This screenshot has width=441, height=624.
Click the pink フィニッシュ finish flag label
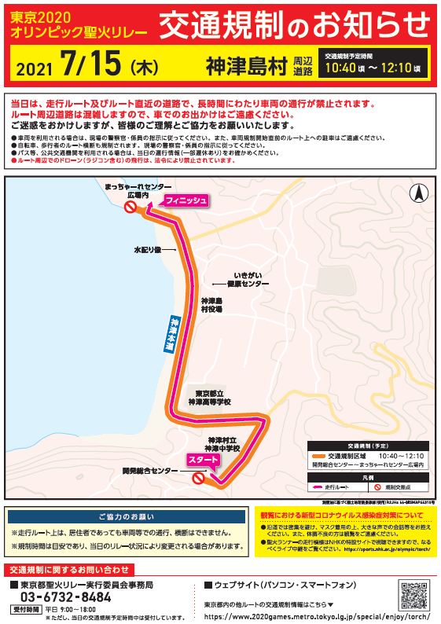(186, 201)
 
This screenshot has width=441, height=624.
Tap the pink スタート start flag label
(204, 460)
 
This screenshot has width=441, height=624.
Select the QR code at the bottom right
(413, 595)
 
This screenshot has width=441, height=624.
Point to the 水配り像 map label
(147, 250)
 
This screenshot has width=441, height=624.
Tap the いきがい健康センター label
(244, 279)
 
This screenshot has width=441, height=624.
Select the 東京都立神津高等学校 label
(209, 398)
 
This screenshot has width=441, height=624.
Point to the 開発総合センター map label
(150, 471)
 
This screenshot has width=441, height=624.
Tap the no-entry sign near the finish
(131, 207)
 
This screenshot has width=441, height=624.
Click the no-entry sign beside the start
(198, 476)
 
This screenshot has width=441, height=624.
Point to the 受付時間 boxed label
(26, 610)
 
